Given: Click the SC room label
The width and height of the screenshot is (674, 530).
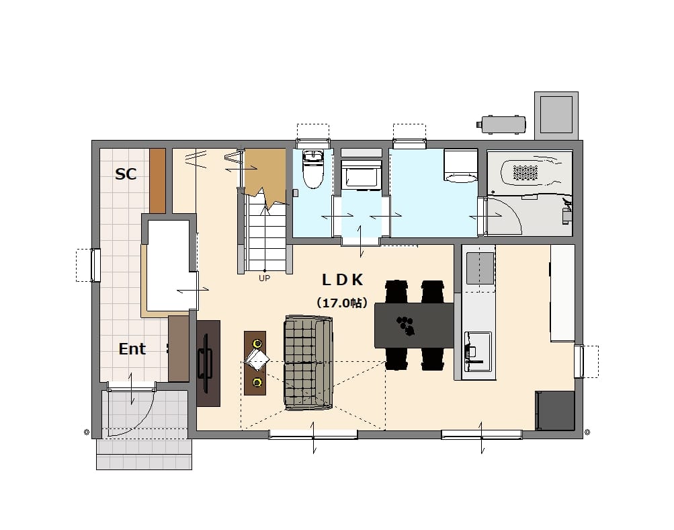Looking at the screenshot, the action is (126, 174).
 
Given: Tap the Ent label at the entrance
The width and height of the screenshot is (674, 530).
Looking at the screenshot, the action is (132, 348).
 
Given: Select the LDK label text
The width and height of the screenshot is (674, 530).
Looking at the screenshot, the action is (343, 280).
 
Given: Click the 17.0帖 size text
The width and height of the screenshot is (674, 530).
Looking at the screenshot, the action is (342, 303).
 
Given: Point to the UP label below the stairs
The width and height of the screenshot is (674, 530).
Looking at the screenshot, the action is (264, 278).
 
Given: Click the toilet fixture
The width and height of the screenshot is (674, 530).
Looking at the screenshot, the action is (313, 169).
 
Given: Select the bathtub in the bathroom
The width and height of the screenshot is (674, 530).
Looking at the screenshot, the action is (532, 173).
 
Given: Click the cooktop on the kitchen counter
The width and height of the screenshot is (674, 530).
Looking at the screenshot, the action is (480, 268).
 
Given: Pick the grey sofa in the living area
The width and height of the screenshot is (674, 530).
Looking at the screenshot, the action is (308, 363).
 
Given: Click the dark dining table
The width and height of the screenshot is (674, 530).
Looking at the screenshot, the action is (415, 326).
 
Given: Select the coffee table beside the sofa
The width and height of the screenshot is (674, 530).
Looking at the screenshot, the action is (255, 363).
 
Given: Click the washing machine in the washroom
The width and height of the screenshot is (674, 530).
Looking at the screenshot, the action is (461, 166).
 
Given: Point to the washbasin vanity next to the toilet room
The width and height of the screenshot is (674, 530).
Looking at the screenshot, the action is (361, 176).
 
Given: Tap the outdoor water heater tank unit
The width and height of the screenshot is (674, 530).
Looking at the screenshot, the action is (501, 124).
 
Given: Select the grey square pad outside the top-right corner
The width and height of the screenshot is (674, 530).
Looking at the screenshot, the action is (556, 115).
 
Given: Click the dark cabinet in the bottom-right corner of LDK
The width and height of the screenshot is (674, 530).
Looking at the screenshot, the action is (554, 410).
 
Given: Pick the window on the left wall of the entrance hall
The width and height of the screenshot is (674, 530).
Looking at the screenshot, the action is (95, 266).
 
